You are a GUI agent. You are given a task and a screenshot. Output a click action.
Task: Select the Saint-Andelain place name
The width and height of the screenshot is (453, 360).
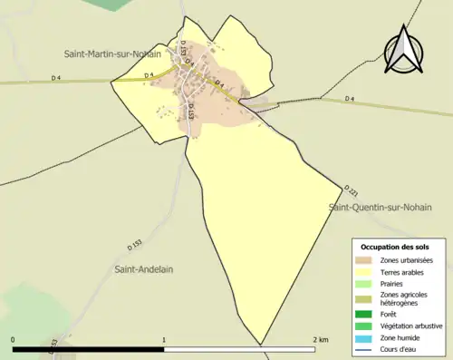click(143, 268)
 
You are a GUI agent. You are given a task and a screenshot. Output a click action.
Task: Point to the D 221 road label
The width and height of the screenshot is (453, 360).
click(352, 191)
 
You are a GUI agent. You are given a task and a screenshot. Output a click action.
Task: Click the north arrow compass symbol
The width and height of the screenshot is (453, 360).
click(405, 52)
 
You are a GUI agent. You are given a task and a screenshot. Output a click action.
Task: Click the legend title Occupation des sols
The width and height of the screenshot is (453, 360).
click(395, 247)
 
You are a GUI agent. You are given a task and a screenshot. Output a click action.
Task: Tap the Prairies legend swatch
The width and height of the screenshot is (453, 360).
click(366, 284)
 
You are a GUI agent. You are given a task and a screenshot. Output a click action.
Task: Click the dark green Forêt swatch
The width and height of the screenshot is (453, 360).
click(366, 315)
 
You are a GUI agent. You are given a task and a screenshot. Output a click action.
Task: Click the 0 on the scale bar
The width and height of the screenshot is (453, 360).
click(14, 340)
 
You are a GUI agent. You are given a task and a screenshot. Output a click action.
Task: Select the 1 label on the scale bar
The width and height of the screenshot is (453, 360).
click(164, 340)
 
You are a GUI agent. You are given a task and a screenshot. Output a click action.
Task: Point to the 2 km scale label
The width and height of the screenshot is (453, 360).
click(319, 340)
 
